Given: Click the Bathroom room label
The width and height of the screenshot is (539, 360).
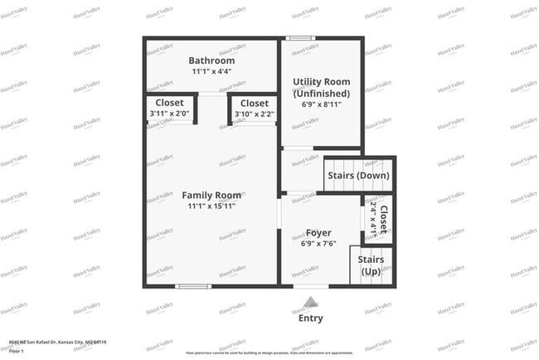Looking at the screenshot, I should point(211,61).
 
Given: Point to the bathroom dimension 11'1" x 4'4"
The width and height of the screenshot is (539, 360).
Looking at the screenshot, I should point(211,72).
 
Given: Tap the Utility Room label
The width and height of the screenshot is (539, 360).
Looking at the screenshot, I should point(322,82).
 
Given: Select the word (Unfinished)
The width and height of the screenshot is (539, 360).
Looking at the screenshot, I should point(322,94).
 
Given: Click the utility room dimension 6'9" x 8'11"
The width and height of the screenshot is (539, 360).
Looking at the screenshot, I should point(322,105).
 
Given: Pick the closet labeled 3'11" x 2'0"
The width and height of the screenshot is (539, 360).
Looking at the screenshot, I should point(169,108).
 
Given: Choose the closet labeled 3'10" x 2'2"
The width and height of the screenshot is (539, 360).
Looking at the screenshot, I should point(254,108).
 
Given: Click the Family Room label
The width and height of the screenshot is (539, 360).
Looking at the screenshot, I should point(211,196).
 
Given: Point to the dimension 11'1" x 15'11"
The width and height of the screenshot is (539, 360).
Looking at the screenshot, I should point(211,207).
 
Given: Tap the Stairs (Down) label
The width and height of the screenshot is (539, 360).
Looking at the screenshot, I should point(357,176).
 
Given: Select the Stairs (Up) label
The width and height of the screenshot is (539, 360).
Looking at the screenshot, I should point(371,265).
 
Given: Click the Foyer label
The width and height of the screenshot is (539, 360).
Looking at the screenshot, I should point(319,233).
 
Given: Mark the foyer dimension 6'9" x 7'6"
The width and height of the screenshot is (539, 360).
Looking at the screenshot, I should point(319,245).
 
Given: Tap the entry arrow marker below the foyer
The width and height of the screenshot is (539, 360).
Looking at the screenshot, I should point(310,302).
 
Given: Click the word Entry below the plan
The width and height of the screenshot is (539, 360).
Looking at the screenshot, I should point(310,318).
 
